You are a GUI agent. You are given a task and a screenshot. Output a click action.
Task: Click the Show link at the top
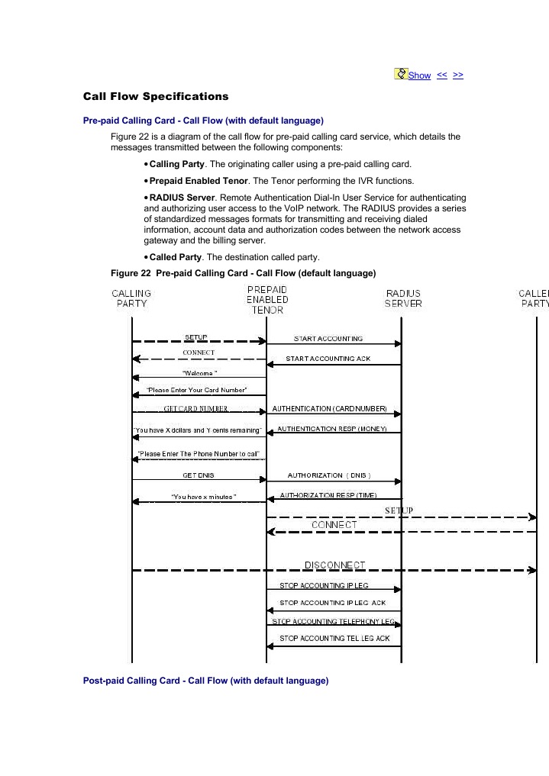(x=419, y=75)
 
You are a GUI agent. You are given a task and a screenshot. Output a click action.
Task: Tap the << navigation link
(x=442, y=75)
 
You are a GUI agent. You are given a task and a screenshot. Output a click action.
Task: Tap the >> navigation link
(x=458, y=75)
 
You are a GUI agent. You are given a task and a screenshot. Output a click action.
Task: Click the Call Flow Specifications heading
(x=156, y=97)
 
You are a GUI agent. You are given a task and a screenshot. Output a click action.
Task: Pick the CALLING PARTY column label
(x=131, y=298)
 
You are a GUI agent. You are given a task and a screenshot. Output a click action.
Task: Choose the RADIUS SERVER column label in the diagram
(x=402, y=298)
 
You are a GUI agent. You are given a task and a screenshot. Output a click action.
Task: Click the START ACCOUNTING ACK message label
(x=328, y=359)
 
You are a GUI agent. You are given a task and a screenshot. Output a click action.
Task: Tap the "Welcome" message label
(x=199, y=373)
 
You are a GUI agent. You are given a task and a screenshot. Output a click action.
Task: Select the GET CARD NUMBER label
(x=195, y=408)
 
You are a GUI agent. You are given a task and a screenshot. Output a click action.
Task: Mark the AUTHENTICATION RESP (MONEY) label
(x=332, y=429)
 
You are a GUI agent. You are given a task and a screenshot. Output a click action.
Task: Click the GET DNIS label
(x=199, y=475)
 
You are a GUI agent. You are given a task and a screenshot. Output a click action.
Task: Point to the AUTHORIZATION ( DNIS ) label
(x=329, y=475)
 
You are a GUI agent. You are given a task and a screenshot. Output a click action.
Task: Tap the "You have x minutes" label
(x=204, y=497)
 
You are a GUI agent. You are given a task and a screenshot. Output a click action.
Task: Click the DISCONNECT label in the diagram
(x=334, y=565)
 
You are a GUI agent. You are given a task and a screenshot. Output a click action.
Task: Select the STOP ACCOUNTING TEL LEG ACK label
(x=334, y=638)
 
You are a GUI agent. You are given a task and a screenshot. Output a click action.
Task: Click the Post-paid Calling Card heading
(x=205, y=681)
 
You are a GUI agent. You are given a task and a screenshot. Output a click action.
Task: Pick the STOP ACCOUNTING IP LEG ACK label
(x=333, y=603)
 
